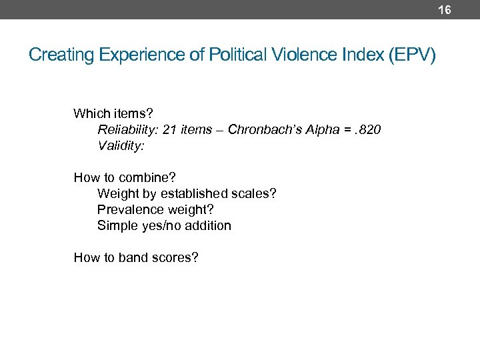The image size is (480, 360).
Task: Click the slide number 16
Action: pyautogui.click(x=445, y=9)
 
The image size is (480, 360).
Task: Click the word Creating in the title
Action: pyautogui.click(x=62, y=55)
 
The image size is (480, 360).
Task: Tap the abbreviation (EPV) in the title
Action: pyautogui.click(x=414, y=55)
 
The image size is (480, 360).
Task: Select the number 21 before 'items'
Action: pyautogui.click(x=169, y=129)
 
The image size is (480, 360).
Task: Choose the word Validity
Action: pyautogui.click(x=121, y=145)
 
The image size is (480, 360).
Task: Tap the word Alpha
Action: pyautogui.click(x=324, y=129)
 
